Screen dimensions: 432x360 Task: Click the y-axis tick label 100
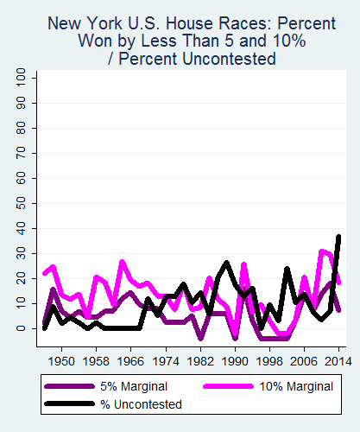(21, 79)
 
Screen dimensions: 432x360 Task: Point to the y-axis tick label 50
(21, 204)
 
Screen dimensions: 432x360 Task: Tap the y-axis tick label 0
(21, 328)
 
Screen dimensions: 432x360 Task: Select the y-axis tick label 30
(21, 253)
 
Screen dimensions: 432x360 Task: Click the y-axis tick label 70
(21, 154)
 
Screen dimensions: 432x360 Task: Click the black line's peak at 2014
(338, 237)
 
